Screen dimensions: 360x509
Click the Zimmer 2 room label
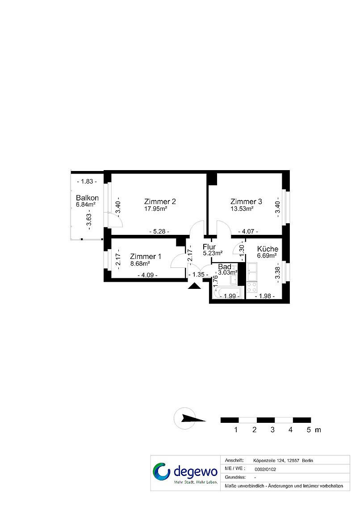tap(160, 201)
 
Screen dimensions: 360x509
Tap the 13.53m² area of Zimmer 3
tap(242, 209)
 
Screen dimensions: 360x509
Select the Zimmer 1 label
tap(146, 256)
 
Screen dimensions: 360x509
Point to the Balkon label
tap(88, 198)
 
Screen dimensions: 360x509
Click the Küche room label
tap(268, 249)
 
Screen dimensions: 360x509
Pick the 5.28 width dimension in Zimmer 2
tap(159, 231)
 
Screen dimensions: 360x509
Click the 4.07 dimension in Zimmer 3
tap(248, 231)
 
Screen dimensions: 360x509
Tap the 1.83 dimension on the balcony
tap(87, 181)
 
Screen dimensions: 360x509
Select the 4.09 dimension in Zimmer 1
tap(148, 275)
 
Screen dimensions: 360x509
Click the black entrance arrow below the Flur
tap(194, 286)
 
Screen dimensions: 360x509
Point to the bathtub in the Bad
tap(228, 292)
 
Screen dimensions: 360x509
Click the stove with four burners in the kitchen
tap(251, 287)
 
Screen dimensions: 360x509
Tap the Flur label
tap(209, 247)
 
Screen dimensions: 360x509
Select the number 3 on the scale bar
tap(272, 430)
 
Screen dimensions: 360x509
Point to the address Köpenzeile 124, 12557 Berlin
tap(283, 460)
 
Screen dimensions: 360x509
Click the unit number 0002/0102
tap(266, 469)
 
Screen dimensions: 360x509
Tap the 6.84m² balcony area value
tap(86, 204)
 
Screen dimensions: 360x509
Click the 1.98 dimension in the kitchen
tap(265, 296)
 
